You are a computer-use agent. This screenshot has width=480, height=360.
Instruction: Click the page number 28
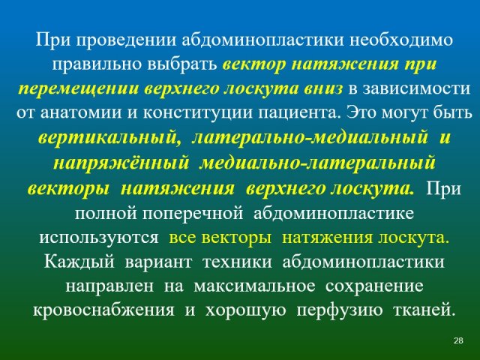(458, 340)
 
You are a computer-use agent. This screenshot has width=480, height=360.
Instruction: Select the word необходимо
(400, 40)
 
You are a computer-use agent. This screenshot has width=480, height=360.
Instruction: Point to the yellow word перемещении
(80, 89)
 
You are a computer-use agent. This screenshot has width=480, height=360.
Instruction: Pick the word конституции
(197, 113)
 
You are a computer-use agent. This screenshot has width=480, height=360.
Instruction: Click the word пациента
(299, 113)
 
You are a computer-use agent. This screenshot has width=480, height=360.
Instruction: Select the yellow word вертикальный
(109, 137)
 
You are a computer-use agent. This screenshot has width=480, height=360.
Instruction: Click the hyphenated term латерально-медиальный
(310, 136)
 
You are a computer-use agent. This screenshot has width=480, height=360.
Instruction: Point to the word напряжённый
(121, 163)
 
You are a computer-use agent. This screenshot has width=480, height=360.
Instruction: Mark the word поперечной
(193, 213)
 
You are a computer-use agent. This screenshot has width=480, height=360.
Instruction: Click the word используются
(98, 238)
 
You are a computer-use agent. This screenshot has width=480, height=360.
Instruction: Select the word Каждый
(79, 262)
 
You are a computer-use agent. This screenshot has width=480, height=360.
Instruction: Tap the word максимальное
(253, 286)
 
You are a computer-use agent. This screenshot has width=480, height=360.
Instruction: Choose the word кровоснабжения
(103, 310)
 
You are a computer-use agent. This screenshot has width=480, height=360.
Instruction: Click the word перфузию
(340, 310)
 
